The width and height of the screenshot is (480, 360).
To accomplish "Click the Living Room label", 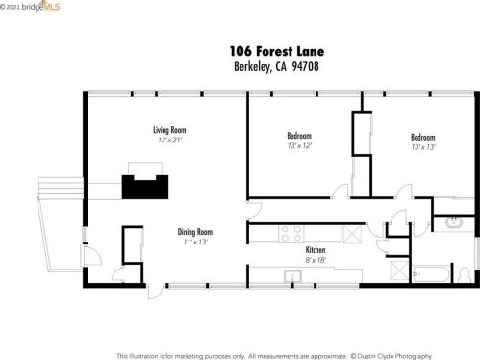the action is coord(169,130).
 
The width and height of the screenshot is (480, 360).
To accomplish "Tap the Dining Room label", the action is coord(195,232).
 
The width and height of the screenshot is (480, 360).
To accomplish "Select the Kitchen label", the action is coord(316,250).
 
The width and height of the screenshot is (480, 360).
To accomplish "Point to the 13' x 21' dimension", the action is coord(170,141).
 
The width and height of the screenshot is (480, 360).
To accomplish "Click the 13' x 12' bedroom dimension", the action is coord(299,146).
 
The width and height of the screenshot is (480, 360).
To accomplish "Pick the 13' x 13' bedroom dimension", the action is coord(423,147).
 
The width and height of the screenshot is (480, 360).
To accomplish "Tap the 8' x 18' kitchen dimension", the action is coord(316,260).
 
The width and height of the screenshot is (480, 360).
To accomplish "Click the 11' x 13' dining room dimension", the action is coord(195,242).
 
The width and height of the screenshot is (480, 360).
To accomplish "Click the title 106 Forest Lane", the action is coord(277,51).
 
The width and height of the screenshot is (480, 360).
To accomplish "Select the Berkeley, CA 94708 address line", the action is coord(276,66).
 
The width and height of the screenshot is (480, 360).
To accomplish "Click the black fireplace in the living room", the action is coord(145,187).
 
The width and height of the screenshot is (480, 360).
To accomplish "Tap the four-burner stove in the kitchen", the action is coord(291,233).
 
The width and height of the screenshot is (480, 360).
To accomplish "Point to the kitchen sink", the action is coord(292,276).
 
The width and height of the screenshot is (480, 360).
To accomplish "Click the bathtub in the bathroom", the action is coord(431,273).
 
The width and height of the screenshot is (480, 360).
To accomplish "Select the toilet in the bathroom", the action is coord(464,275).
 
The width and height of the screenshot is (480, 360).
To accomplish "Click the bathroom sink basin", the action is coord(453,222).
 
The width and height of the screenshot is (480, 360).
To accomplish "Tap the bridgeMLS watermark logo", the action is coord(30,6).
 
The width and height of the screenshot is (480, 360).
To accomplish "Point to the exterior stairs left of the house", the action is coord(61,188).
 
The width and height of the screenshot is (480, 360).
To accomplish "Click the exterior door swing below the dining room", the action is coord(155,292).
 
